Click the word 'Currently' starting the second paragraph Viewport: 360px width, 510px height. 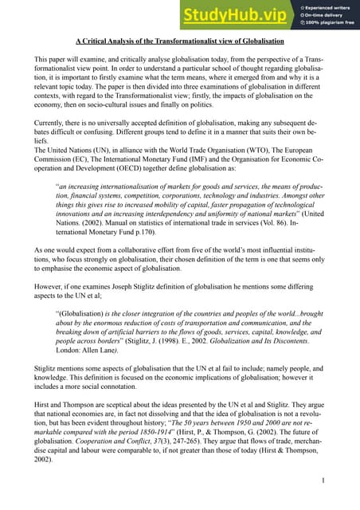tap(50, 123)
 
